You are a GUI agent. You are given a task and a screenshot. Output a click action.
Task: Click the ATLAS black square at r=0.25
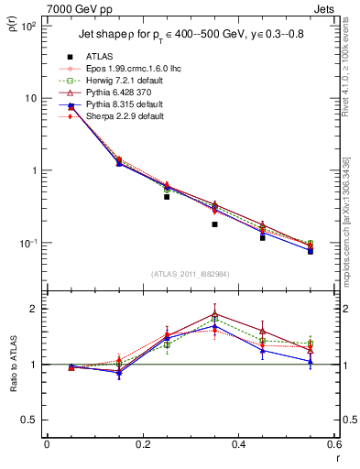[x=167, y=196]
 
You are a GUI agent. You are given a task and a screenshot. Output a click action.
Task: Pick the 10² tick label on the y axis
[x=28, y=26]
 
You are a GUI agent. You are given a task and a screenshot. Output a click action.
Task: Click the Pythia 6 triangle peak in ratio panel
[x=214, y=313]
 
